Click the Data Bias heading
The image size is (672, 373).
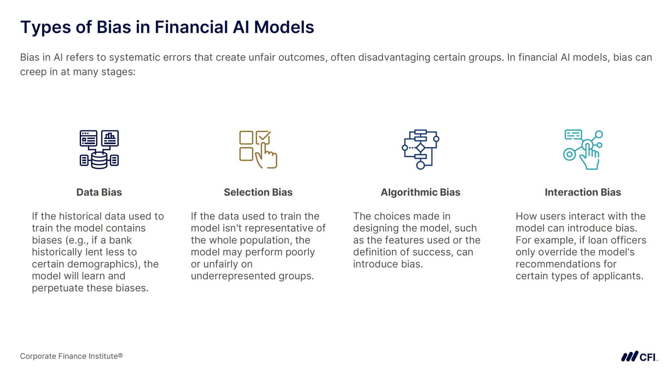[99, 192]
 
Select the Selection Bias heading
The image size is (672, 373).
[258, 192]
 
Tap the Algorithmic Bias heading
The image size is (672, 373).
[420, 192]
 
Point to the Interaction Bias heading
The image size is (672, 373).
[583, 192]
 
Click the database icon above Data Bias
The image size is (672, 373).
[99, 149]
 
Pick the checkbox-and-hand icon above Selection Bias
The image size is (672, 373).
[258, 149]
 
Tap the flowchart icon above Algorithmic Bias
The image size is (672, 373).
[420, 149]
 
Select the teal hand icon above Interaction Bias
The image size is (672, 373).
[583, 149]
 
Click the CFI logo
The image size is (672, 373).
[639, 357]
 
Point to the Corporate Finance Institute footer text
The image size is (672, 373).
[71, 356]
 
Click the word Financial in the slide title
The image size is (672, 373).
[191, 27]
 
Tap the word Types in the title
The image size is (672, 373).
[45, 27]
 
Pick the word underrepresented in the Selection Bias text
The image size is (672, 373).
[233, 276]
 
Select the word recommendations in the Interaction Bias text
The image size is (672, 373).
[566, 264]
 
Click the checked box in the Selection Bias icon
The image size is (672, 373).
[262, 137]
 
